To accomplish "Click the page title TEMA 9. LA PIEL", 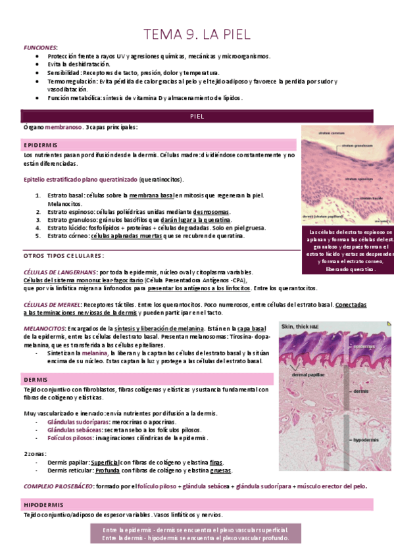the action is pos(197,34).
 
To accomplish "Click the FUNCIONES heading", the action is pos(41,48).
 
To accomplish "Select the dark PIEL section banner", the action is pos(197,116).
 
